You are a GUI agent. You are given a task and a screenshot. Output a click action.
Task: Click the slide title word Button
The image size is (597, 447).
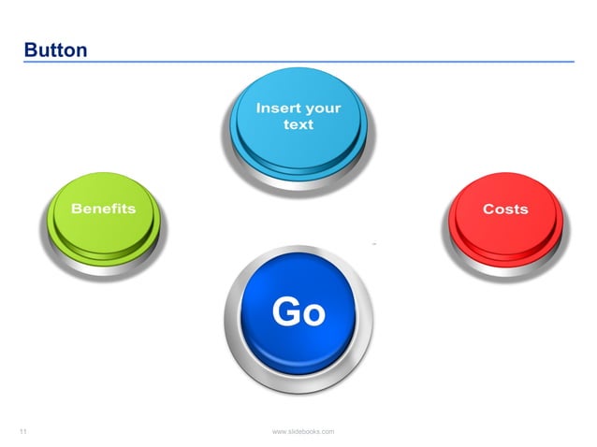[x=56, y=49]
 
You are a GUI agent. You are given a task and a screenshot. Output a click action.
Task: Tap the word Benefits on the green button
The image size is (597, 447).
[x=103, y=209]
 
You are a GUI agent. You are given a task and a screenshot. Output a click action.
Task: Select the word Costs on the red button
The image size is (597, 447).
[x=505, y=209]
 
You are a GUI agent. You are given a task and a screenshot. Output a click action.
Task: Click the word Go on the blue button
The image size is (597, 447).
[x=298, y=311]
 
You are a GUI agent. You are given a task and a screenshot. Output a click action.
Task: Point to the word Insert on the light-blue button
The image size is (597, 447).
[x=278, y=108]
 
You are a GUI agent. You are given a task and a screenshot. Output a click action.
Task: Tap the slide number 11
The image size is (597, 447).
[x=23, y=431]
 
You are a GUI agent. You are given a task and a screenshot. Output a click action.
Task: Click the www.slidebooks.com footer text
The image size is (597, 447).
[x=302, y=431]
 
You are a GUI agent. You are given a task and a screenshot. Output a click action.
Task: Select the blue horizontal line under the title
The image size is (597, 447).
[x=298, y=62]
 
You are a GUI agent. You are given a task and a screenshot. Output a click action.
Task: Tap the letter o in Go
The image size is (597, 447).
[x=313, y=313]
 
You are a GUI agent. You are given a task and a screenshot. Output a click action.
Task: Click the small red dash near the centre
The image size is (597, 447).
[x=374, y=243]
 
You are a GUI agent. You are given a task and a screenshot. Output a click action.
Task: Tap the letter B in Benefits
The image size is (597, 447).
[x=77, y=209]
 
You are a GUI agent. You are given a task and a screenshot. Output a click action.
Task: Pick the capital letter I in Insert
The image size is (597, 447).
[x=258, y=108]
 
